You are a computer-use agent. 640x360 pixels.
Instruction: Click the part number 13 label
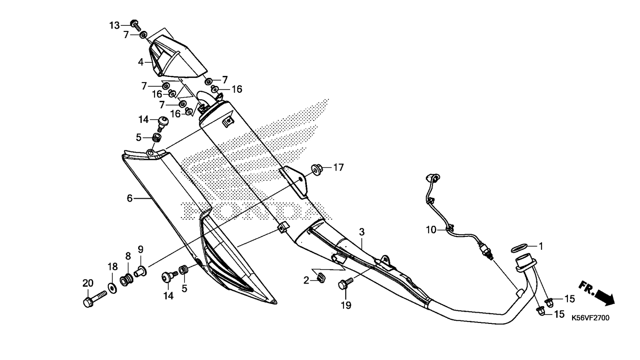click(114, 25)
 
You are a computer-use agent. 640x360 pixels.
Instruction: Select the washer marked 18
click(112, 288)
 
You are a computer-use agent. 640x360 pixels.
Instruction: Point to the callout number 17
click(339, 167)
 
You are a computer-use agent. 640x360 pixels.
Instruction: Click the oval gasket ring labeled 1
click(519, 248)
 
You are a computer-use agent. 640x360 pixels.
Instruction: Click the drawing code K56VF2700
click(591, 318)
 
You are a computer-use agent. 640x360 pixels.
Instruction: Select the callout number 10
click(432, 230)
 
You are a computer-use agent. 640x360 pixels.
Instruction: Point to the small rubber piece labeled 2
click(321, 277)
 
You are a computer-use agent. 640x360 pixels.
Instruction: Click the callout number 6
click(130, 198)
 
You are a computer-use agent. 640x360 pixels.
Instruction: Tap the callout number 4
click(141, 62)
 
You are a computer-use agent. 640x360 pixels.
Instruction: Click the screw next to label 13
click(135, 25)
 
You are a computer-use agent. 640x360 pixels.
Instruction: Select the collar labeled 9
click(141, 270)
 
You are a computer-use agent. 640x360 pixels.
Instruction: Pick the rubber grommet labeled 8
click(127, 279)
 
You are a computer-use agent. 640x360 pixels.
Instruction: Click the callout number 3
click(362, 232)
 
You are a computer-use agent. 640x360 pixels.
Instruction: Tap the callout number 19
click(346, 305)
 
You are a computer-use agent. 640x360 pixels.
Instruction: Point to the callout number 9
click(141, 250)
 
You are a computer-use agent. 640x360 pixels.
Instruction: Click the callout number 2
click(306, 280)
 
